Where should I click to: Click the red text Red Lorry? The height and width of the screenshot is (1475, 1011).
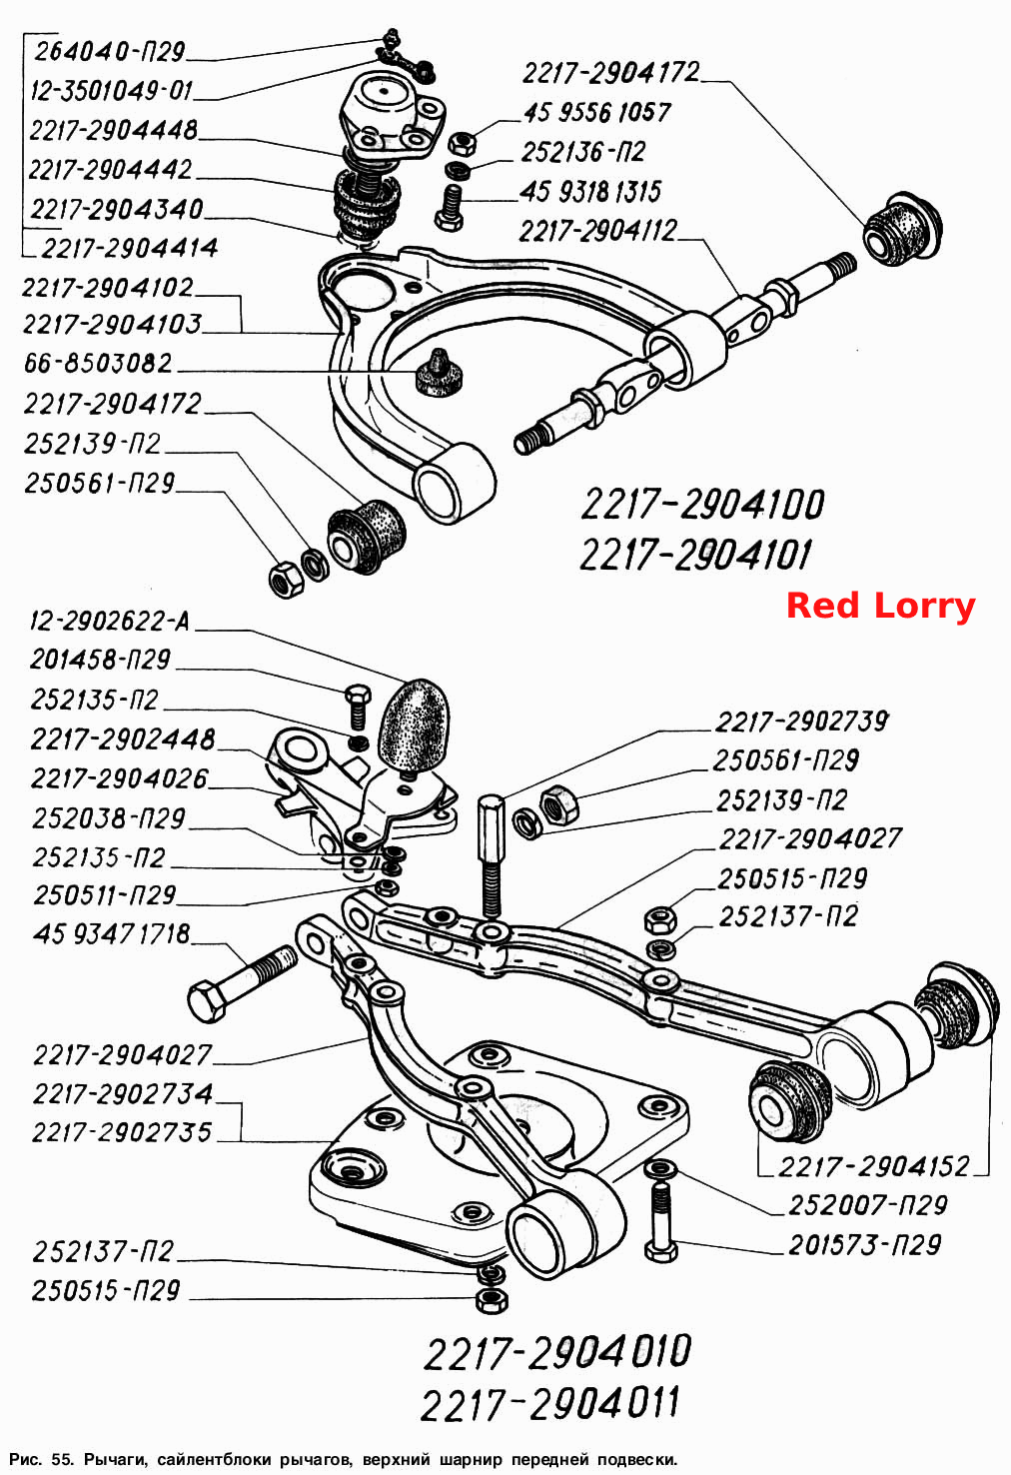click(881, 606)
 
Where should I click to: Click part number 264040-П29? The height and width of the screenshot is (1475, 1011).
click(109, 51)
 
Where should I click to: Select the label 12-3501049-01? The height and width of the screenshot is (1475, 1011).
click(111, 90)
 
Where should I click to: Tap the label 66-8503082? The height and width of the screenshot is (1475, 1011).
click(98, 363)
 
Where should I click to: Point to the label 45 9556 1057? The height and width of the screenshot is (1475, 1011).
click(597, 113)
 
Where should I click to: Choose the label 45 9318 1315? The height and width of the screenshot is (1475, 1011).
click(589, 192)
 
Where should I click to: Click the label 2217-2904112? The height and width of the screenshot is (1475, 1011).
click(598, 231)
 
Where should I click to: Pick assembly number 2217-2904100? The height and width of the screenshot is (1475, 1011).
click(702, 505)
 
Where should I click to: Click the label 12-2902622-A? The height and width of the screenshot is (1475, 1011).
click(110, 621)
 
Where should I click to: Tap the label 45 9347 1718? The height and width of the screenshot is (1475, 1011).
click(111, 933)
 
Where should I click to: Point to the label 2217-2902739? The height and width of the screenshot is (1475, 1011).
click(801, 722)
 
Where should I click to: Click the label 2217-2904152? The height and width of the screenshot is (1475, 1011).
click(874, 1166)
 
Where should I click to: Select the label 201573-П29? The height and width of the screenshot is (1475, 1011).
click(865, 1244)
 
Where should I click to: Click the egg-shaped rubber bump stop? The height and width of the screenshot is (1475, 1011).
click(412, 727)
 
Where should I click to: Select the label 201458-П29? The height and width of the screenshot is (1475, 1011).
click(101, 660)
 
